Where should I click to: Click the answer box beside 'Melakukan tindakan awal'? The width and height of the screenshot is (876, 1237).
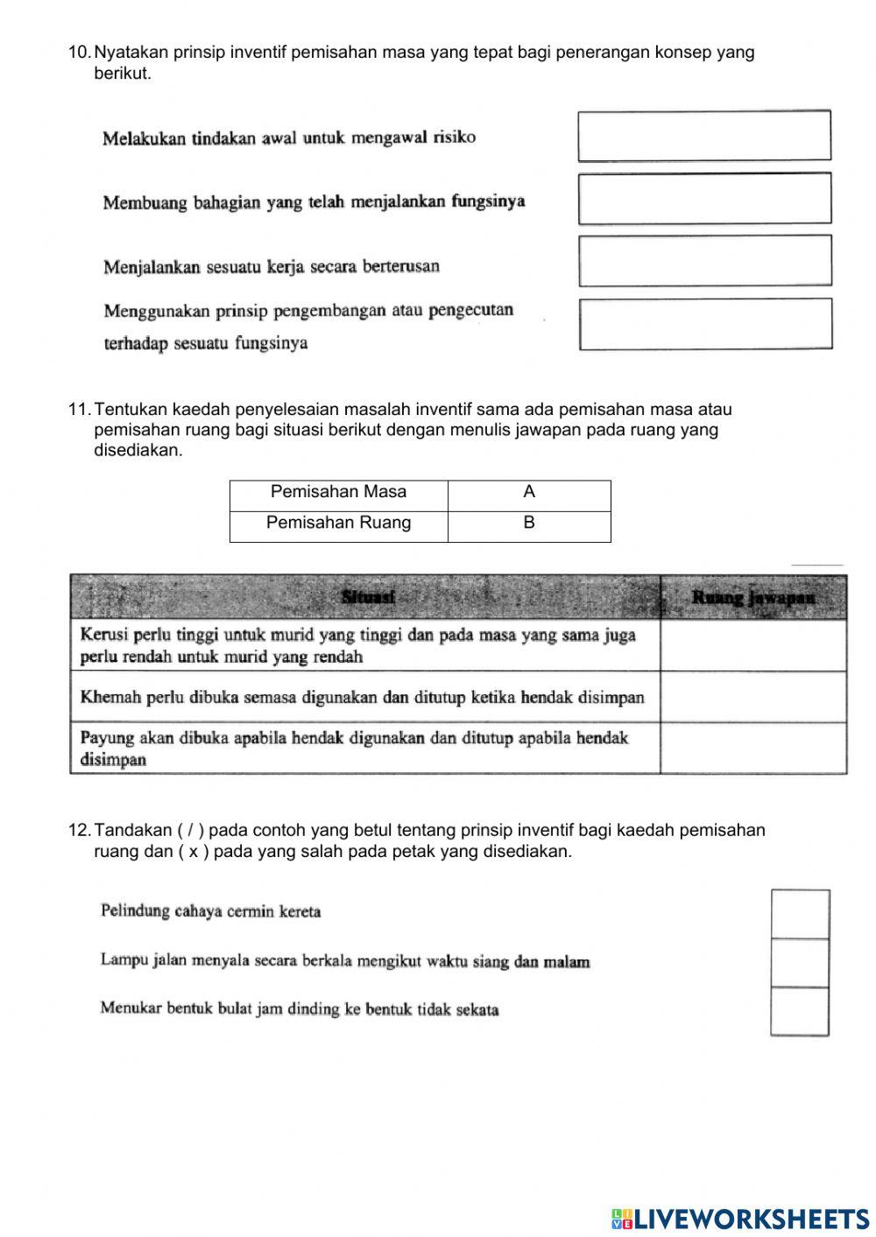(x=704, y=136)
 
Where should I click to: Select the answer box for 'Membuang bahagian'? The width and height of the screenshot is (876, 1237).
(x=704, y=199)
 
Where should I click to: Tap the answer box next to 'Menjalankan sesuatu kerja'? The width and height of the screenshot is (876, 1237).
(x=705, y=261)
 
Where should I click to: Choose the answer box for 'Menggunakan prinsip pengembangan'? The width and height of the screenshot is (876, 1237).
(x=705, y=324)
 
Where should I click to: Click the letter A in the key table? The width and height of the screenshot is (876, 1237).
(x=529, y=492)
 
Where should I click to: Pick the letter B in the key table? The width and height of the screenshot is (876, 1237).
(x=529, y=523)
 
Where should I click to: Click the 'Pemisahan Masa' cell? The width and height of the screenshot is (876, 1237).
(x=338, y=492)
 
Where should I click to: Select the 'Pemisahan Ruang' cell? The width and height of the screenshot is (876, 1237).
(x=338, y=523)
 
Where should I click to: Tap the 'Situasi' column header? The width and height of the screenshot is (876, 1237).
(x=368, y=597)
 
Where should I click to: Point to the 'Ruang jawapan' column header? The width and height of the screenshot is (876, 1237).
(x=753, y=597)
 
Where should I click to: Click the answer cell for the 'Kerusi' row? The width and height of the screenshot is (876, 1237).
(x=753, y=645)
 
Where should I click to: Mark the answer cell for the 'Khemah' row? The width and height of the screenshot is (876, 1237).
(x=753, y=697)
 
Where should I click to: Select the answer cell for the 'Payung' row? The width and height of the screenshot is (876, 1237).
(x=753, y=748)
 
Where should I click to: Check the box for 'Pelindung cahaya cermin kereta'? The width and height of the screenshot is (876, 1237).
(x=800, y=914)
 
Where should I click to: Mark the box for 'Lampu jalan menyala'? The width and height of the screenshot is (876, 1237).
(x=800, y=963)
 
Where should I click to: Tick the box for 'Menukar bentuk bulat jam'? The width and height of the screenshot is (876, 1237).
(x=800, y=1011)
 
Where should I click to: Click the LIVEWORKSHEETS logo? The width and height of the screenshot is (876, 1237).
(x=741, y=1218)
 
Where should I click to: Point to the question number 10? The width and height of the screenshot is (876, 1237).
(x=78, y=53)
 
